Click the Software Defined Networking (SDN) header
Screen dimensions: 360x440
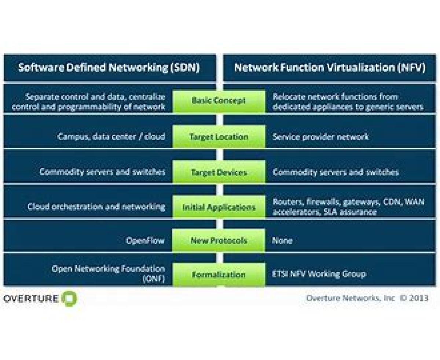(109, 68)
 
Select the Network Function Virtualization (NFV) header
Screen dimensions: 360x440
(330, 68)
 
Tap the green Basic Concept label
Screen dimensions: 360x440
(219, 101)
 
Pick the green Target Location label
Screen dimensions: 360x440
(219, 137)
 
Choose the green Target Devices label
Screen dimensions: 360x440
(219, 172)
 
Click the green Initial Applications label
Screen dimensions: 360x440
(219, 207)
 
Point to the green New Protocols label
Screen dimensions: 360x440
(219, 241)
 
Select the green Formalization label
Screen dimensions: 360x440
(219, 274)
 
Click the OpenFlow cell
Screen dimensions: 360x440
(145, 241)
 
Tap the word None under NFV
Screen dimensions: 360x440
(282, 241)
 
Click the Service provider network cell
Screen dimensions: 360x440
(320, 137)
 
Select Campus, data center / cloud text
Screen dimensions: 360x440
(111, 137)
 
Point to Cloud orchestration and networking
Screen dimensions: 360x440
(96, 207)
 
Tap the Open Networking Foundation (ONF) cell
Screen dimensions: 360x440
(108, 274)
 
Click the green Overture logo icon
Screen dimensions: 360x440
(69, 298)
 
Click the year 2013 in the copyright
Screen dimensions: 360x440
(419, 298)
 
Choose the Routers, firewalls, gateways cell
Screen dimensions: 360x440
(348, 207)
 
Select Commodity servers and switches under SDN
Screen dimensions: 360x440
(102, 171)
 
